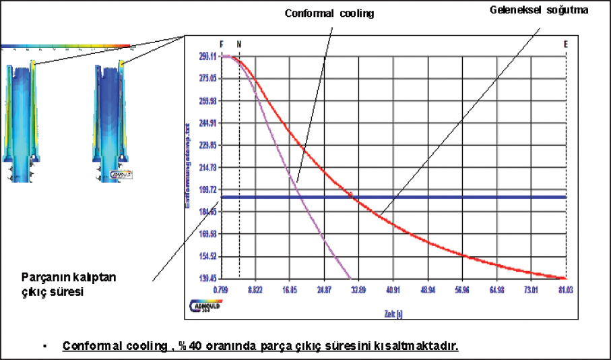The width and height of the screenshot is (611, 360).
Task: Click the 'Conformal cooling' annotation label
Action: click(329, 13)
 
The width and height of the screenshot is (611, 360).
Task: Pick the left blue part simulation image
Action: click(22, 121)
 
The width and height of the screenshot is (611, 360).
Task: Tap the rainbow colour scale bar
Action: click(65, 47)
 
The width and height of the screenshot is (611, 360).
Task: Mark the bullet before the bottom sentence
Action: click(43, 347)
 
